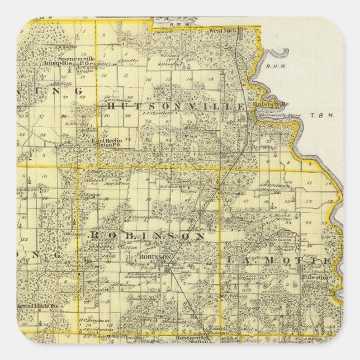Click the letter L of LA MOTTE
point(231,260)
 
